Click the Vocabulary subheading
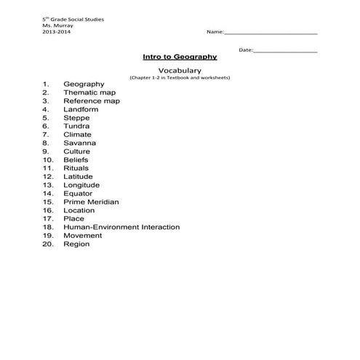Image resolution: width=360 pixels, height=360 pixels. point(179,70)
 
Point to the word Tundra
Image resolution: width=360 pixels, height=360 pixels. point(76,126)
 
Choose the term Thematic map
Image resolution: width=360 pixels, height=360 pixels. point(89,93)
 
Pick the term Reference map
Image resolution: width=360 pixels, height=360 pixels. point(92,101)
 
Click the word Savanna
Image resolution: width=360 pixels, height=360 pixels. point(79,143)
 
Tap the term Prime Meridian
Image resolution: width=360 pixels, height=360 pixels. point(91,202)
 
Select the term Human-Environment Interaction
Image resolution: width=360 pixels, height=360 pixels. point(121,228)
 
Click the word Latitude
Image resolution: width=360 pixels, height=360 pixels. point(78,177)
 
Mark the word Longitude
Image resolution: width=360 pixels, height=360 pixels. point(81,185)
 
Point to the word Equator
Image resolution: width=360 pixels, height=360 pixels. point(78,193)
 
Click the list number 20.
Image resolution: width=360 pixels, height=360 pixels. point(47,244)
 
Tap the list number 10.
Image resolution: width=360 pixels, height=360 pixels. point(47,160)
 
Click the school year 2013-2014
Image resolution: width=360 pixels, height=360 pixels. point(57,33)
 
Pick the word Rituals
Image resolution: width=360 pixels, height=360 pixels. point(76,169)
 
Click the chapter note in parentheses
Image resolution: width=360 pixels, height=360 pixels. point(179,77)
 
